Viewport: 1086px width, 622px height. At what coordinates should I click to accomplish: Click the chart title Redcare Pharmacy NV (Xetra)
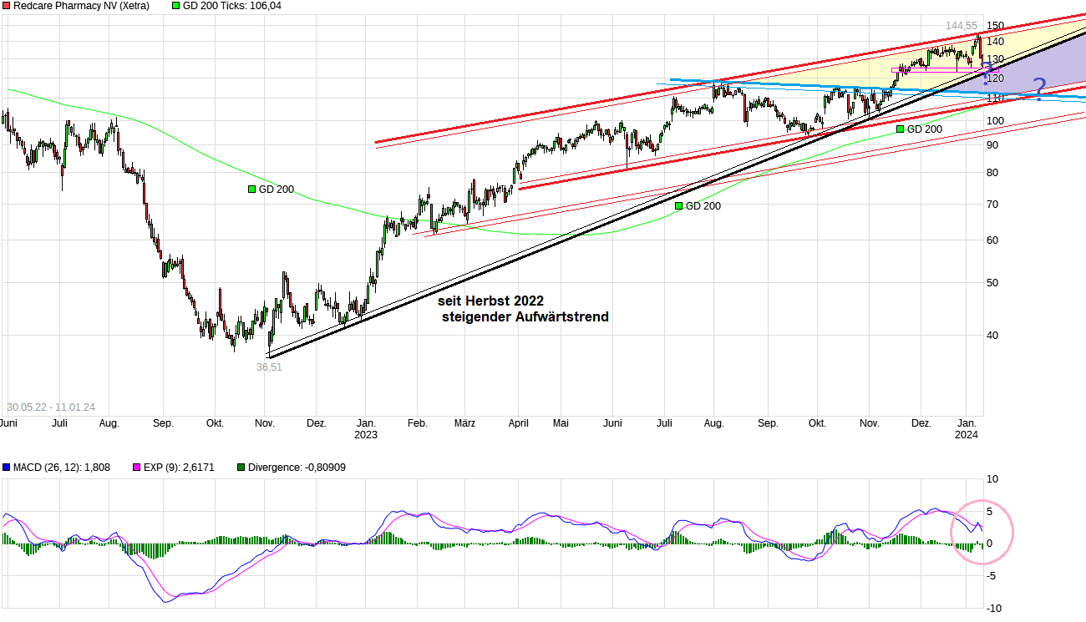coord(81,6)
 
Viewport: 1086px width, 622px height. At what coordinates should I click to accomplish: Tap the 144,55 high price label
coord(961,26)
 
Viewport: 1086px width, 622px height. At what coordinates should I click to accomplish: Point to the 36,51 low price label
coord(269,367)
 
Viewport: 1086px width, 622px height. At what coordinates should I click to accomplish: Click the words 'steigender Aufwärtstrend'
coord(525,317)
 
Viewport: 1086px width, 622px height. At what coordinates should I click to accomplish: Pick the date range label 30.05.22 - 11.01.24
coord(51,407)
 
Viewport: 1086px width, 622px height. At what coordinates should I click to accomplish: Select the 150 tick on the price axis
coord(995,26)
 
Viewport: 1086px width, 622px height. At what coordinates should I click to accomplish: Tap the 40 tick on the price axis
coord(992,336)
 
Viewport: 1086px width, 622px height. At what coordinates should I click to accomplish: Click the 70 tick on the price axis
coord(992,204)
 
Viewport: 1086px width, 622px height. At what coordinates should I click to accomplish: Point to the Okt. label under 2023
coord(817,423)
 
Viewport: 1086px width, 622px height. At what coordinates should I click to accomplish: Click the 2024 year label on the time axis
coord(967,435)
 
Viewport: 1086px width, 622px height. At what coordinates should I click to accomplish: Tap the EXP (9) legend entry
coord(178,468)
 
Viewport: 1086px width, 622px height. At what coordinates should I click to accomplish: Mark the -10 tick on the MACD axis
coord(992,607)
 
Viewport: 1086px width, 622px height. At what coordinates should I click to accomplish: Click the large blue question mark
coord(1038,88)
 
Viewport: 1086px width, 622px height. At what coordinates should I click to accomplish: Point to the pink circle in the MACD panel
coord(982,532)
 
